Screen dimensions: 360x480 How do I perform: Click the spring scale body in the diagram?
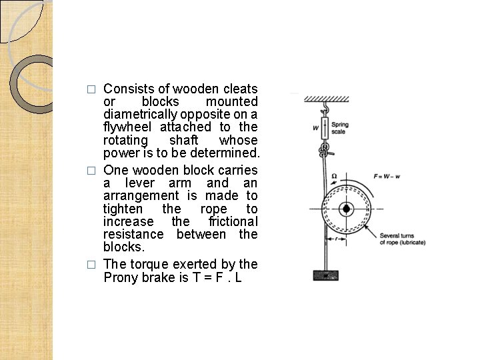point(325,127)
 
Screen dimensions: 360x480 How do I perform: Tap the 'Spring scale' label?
point(339,128)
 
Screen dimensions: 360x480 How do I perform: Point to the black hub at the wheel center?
point(346,209)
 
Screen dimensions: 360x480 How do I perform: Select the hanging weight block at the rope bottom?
point(326,274)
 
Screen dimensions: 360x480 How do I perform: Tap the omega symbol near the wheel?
point(335,176)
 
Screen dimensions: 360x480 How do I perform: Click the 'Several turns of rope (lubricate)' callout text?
point(401,239)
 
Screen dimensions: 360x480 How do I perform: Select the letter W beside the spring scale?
point(315,127)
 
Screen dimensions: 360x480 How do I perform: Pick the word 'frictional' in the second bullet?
point(233,221)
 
